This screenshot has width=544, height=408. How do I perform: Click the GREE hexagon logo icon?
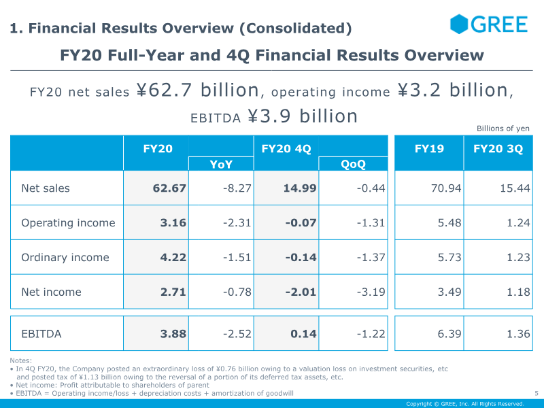(x=459, y=24)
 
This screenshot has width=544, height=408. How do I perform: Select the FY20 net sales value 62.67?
(x=169, y=188)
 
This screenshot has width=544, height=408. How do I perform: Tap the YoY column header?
(x=221, y=164)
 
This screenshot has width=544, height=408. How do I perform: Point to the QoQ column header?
(x=353, y=164)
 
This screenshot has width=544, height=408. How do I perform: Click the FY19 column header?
(x=429, y=148)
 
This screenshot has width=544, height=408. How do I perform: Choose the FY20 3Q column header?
(x=498, y=148)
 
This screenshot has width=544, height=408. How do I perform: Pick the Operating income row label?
(x=68, y=223)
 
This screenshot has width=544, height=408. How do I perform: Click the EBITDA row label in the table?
(x=41, y=334)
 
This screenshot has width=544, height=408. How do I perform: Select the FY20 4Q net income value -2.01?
(x=301, y=292)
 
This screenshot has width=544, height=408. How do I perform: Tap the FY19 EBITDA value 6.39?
(x=449, y=334)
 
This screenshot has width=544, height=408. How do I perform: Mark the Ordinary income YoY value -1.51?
(x=237, y=258)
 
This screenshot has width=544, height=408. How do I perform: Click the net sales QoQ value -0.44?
(x=371, y=188)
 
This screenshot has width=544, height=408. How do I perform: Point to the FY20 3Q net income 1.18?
(x=518, y=292)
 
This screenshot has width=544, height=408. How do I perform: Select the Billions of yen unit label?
(x=503, y=129)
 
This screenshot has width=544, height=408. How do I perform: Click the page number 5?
(x=537, y=393)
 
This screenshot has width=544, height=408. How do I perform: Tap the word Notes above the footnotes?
(x=21, y=360)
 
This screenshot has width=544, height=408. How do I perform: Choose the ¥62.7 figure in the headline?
(x=164, y=90)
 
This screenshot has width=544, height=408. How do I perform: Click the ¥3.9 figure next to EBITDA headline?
(x=269, y=116)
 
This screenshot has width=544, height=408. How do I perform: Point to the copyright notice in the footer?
(x=465, y=404)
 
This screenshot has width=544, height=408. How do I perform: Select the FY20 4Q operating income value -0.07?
(x=301, y=223)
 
